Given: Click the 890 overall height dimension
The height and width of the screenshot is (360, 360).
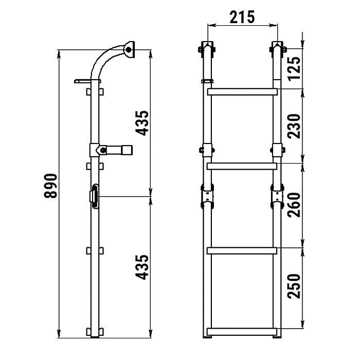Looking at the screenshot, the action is coord(50,186).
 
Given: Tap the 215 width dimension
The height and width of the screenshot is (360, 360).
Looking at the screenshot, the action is coord(242,17).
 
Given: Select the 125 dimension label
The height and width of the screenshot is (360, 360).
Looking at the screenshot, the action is coord(294,68).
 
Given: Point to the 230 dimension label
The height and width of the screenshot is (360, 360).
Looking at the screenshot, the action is coord(294,127).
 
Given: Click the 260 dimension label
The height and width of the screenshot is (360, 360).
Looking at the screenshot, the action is coord(294,205).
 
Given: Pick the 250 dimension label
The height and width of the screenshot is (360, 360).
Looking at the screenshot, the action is coord(294,286).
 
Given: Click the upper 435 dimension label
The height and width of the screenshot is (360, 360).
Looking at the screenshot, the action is coord(142,123).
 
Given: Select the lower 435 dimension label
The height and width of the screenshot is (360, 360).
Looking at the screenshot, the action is coord(142,267).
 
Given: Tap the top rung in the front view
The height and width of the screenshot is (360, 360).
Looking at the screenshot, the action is coord(242,92).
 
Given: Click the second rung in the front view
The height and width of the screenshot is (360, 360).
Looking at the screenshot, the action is coord(242,166).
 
